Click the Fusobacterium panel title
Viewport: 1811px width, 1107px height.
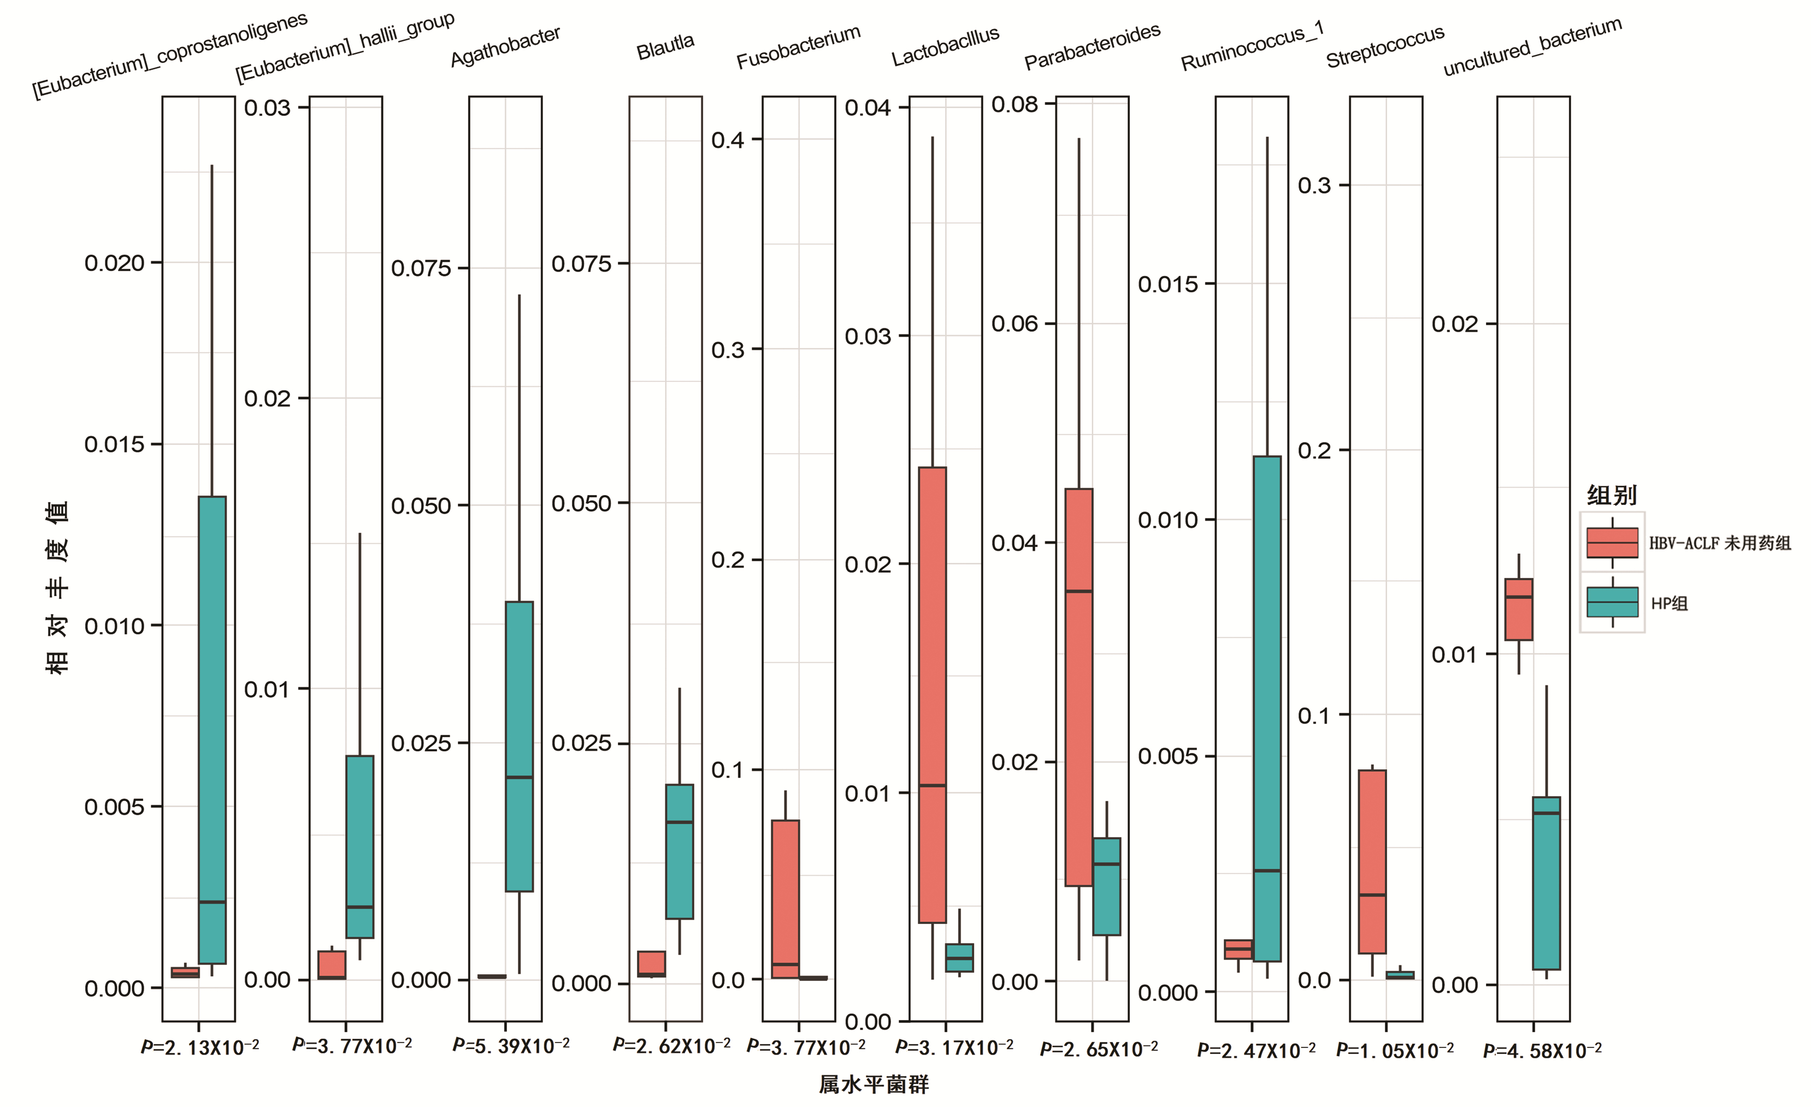point(798,47)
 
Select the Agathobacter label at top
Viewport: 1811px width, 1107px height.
point(506,46)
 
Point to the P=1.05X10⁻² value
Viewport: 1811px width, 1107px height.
point(1394,1050)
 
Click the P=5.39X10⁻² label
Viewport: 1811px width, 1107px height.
point(511,1045)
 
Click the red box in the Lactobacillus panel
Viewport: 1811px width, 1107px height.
point(933,694)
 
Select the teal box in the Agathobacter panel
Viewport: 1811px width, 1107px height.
point(519,746)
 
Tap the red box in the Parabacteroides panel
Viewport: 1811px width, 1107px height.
point(1079,687)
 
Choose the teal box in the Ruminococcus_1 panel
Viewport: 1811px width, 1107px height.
point(1267,709)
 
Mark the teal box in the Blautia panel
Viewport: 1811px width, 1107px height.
point(679,851)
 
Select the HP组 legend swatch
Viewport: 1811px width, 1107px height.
point(1612,603)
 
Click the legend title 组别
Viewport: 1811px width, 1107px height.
point(1611,496)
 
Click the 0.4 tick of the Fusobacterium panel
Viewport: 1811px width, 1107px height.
point(728,140)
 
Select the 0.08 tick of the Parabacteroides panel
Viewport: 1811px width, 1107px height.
point(1014,104)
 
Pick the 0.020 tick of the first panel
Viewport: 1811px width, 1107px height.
point(114,263)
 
